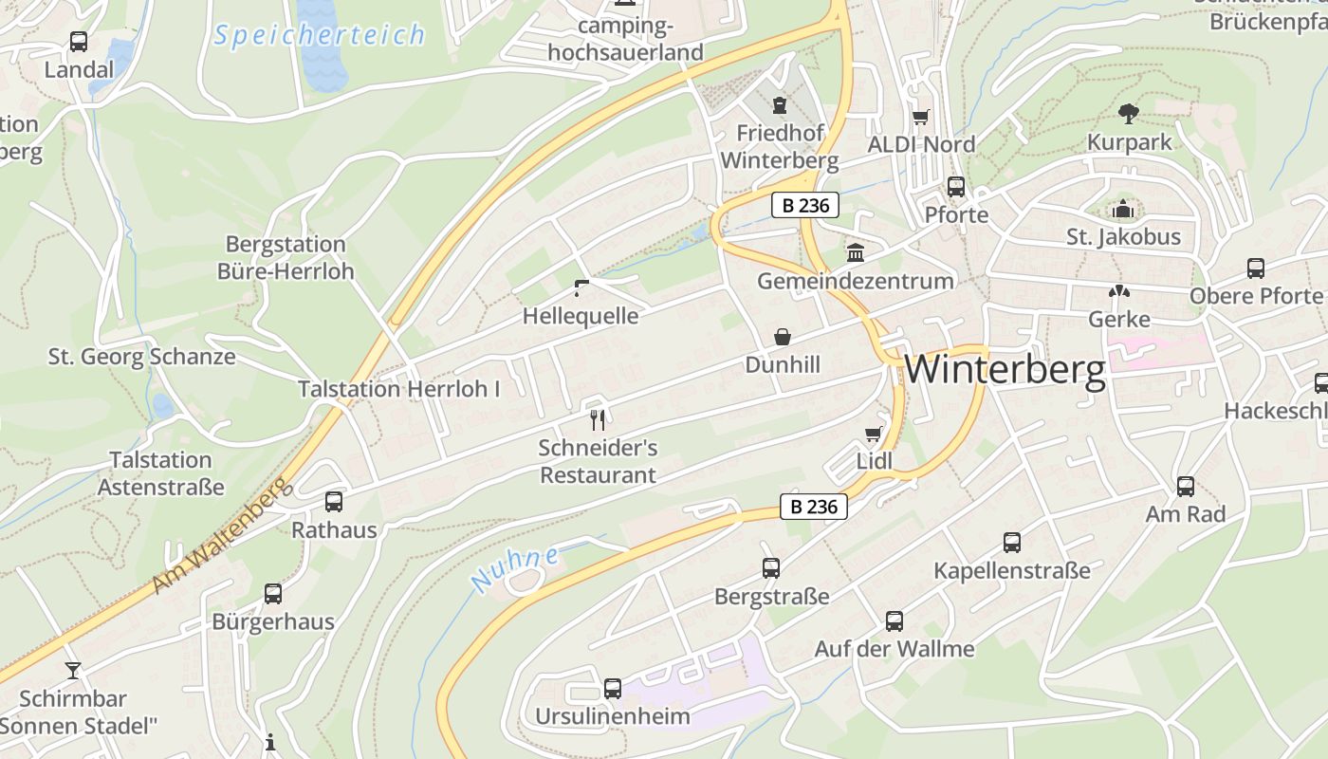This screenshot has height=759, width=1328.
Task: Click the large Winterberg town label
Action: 1005,370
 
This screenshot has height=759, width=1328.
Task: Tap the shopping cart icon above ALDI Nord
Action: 920,118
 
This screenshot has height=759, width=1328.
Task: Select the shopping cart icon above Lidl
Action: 874,435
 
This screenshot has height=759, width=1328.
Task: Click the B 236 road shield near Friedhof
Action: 804,205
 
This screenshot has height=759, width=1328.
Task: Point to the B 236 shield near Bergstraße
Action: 814,507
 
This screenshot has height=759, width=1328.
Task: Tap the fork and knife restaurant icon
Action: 598,418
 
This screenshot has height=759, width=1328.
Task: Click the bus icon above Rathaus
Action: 334,502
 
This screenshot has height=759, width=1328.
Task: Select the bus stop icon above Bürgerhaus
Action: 273,594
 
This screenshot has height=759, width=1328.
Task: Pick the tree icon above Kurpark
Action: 1129,114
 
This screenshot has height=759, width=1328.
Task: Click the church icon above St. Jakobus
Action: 1123,209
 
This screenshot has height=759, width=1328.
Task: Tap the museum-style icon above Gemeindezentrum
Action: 856,252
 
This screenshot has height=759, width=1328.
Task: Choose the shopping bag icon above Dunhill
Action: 783,337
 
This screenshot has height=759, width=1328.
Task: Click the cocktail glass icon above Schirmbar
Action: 73,671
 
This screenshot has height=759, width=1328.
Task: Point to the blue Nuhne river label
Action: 515,567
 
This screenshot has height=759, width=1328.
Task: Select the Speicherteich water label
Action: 319,36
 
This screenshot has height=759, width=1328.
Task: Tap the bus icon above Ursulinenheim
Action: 613,688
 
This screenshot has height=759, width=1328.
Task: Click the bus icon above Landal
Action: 79,42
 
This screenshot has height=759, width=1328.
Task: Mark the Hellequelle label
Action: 581,316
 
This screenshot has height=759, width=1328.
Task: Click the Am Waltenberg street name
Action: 218,536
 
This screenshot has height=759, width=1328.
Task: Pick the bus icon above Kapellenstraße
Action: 1012,543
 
